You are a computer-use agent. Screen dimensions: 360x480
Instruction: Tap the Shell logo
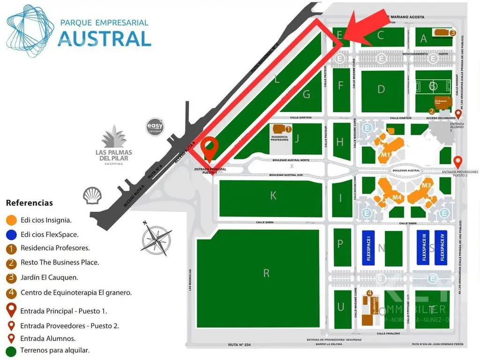pos(92,195)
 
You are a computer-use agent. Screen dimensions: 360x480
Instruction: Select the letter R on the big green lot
pos(266,273)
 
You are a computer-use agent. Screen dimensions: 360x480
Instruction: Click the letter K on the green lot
pos(273,196)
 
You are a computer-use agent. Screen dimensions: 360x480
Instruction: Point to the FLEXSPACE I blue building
pos(368,248)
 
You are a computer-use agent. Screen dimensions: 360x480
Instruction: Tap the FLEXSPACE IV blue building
pos(441,248)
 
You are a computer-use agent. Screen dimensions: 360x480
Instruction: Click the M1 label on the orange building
pos(386,155)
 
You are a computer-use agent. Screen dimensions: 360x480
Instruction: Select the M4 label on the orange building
pos(397,197)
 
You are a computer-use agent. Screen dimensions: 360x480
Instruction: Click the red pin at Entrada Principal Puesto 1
pos(209,150)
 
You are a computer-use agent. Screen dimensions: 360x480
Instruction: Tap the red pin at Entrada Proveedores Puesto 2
pos(458,162)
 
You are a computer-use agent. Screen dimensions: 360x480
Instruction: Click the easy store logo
pos(156,127)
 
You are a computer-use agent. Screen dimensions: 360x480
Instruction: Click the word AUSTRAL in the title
pos(104,38)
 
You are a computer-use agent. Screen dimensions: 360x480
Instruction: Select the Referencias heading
pos(29,203)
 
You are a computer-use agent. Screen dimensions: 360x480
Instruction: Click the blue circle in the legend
pos(11,234)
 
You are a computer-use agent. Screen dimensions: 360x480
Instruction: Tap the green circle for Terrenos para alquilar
pos(11,350)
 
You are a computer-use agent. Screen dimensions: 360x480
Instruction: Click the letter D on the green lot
pos(381,89)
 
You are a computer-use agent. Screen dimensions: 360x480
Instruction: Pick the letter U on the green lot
pos(341,307)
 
